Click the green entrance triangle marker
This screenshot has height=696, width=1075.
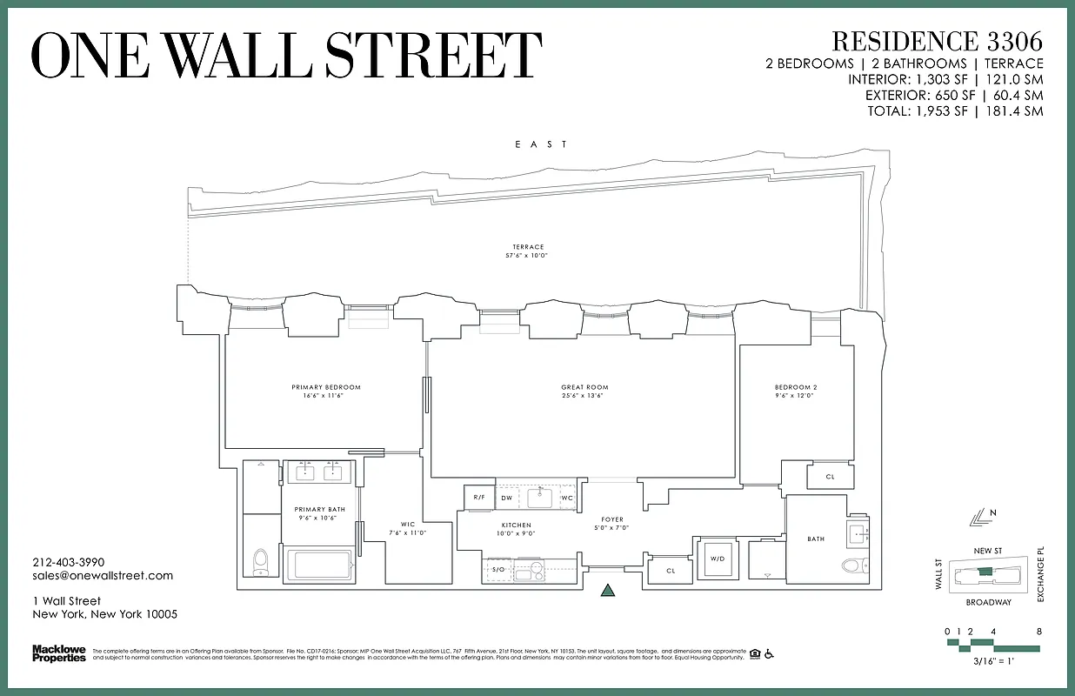(x=608, y=592)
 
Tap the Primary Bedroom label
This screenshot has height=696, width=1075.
(x=326, y=387)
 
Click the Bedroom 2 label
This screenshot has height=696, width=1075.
(x=796, y=387)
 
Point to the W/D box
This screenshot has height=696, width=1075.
(x=718, y=559)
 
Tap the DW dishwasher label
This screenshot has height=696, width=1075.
(x=507, y=498)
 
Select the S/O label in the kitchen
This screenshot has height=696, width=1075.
(x=498, y=570)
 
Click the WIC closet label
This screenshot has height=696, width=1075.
(x=407, y=524)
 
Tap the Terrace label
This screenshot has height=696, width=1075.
(x=528, y=247)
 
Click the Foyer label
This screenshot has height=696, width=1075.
(x=612, y=519)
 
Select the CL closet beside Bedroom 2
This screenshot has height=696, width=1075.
(x=830, y=477)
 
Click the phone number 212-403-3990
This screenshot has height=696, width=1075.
(x=68, y=562)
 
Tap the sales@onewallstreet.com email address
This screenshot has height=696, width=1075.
(x=103, y=575)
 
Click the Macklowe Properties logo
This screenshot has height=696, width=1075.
(x=59, y=652)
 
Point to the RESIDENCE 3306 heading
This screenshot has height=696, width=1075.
(x=937, y=41)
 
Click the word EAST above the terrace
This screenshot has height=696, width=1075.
(x=541, y=144)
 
